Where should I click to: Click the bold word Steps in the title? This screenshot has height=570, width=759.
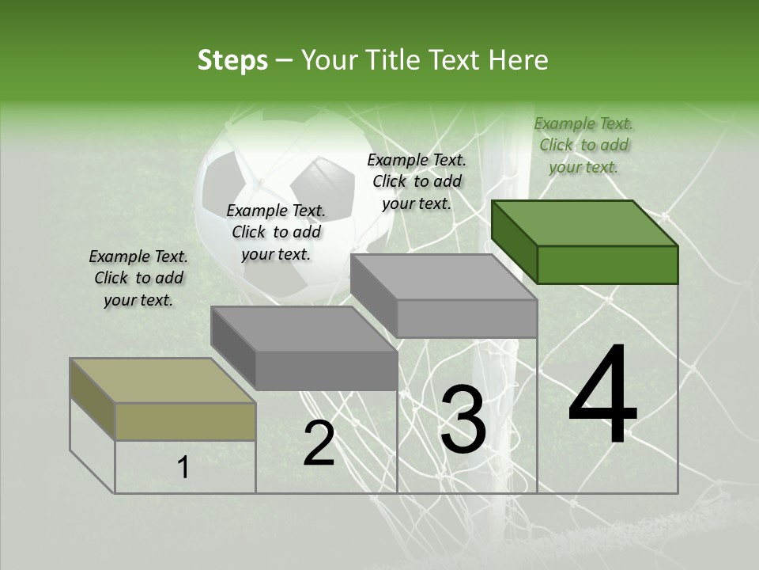pyautogui.click(x=232, y=60)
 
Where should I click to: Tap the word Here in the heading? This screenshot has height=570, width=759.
pyautogui.click(x=517, y=60)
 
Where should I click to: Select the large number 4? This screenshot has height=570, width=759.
pyautogui.click(x=602, y=396)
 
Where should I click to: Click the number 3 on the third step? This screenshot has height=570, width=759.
pyautogui.click(x=463, y=420)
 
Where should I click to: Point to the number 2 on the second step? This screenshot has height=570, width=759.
pyautogui.click(x=319, y=443)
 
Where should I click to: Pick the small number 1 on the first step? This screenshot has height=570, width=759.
pyautogui.click(x=183, y=467)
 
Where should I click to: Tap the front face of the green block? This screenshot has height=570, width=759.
pyautogui.click(x=607, y=264)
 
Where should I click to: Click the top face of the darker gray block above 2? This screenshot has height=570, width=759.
pyautogui.click(x=304, y=329)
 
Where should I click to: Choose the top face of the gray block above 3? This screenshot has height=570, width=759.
pyautogui.click(x=444, y=277)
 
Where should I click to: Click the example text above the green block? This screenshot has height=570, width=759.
pyautogui.click(x=583, y=145)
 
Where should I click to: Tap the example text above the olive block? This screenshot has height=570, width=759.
pyautogui.click(x=138, y=278)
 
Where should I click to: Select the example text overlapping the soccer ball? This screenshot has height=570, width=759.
pyautogui.click(x=276, y=232)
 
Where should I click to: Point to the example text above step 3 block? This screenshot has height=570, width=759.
pyautogui.click(x=417, y=181)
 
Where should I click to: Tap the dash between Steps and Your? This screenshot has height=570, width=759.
pyautogui.click(x=285, y=61)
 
